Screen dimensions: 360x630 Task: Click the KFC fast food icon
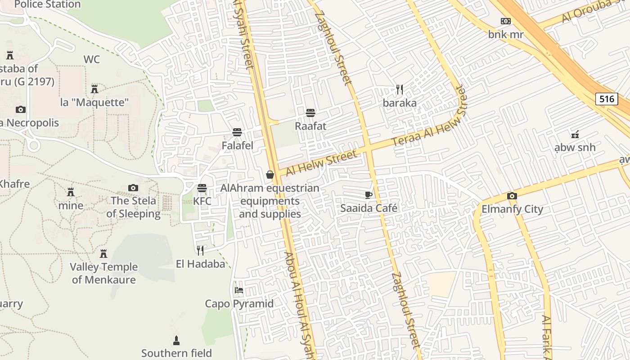point(202,188)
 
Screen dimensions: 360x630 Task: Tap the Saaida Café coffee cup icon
point(369,195)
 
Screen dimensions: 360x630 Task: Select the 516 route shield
point(606,99)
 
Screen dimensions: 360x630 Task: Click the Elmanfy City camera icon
point(512,196)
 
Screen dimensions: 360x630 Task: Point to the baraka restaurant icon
point(400,90)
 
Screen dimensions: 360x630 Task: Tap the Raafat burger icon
point(310,112)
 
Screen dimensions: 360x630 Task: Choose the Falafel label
point(237,146)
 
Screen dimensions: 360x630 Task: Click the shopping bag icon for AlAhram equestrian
point(270,175)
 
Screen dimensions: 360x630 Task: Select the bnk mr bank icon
point(506,21)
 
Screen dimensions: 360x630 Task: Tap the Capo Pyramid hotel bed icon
point(239,290)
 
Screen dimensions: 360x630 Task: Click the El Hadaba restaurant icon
point(200,250)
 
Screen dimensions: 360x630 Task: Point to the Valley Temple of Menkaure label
point(103,273)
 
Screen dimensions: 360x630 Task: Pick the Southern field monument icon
point(176,340)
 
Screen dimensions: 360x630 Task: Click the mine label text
point(71,206)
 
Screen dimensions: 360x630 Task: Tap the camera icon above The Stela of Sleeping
point(133,188)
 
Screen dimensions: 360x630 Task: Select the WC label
point(91,59)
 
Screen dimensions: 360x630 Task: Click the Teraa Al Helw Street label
point(430,122)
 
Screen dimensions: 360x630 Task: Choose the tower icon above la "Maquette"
point(94,89)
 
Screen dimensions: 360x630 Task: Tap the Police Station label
point(47,4)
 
